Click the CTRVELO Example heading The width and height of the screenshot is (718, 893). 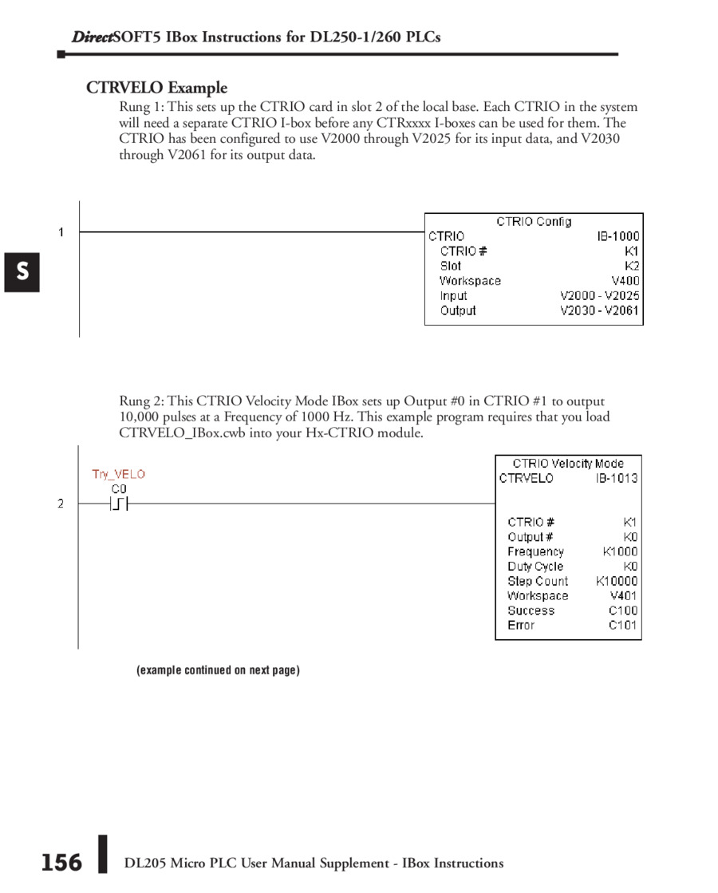(x=156, y=88)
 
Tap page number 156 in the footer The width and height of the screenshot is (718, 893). (x=61, y=863)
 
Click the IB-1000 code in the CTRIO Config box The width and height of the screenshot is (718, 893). (x=617, y=236)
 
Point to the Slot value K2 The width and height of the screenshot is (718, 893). (x=632, y=266)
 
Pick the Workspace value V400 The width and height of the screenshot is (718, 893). (x=625, y=281)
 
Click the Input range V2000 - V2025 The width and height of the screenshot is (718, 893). (x=599, y=296)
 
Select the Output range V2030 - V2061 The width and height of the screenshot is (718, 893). (x=599, y=310)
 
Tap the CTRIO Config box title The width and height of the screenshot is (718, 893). (x=534, y=222)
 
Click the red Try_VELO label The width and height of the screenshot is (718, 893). (x=118, y=474)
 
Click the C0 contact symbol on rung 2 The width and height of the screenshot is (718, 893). (x=119, y=504)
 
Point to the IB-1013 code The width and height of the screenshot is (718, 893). (x=616, y=478)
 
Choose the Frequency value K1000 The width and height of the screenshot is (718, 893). (x=620, y=551)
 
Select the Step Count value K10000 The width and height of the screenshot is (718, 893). (x=617, y=581)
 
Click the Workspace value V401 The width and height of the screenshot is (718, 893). (x=623, y=595)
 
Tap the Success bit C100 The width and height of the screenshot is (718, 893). (x=622, y=610)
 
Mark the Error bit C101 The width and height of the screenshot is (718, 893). (x=622, y=625)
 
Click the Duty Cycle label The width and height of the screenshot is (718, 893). (x=535, y=567)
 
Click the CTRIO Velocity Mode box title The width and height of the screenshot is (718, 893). (x=568, y=463)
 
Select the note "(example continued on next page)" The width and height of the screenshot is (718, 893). (x=218, y=670)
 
